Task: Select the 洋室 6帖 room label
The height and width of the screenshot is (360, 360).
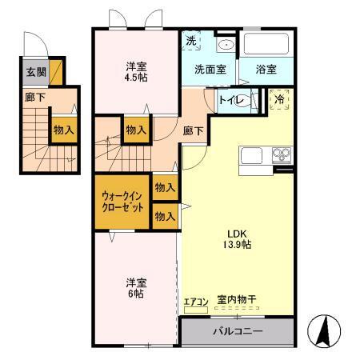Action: point(134,288)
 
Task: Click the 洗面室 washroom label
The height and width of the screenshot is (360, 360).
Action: point(210,70)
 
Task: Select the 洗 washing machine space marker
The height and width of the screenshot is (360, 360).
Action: point(191,42)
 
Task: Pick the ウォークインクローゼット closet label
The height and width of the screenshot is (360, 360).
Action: point(122,201)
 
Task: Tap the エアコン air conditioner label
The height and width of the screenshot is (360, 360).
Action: point(195,302)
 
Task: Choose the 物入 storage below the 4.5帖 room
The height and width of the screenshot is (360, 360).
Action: point(136,129)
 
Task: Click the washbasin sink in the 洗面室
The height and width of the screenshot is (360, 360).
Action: point(225,44)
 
